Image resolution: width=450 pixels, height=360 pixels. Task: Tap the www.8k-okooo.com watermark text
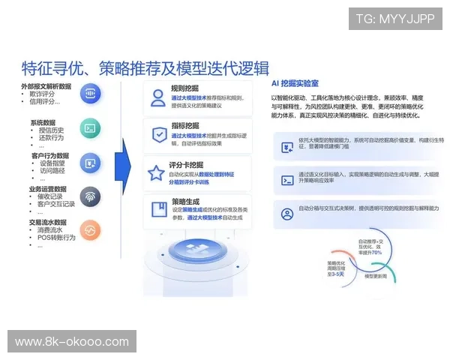coord(72,342)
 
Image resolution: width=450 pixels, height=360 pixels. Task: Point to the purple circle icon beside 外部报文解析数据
coord(89,94)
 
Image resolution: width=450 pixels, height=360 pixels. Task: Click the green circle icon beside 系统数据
coord(89,128)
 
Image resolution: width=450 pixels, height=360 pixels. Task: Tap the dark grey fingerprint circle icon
coord(89,196)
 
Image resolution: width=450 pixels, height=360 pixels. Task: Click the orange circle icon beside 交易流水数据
coord(89,230)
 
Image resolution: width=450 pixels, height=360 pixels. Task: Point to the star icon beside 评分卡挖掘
coord(157,173)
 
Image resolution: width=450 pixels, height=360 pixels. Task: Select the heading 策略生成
coord(184,201)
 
